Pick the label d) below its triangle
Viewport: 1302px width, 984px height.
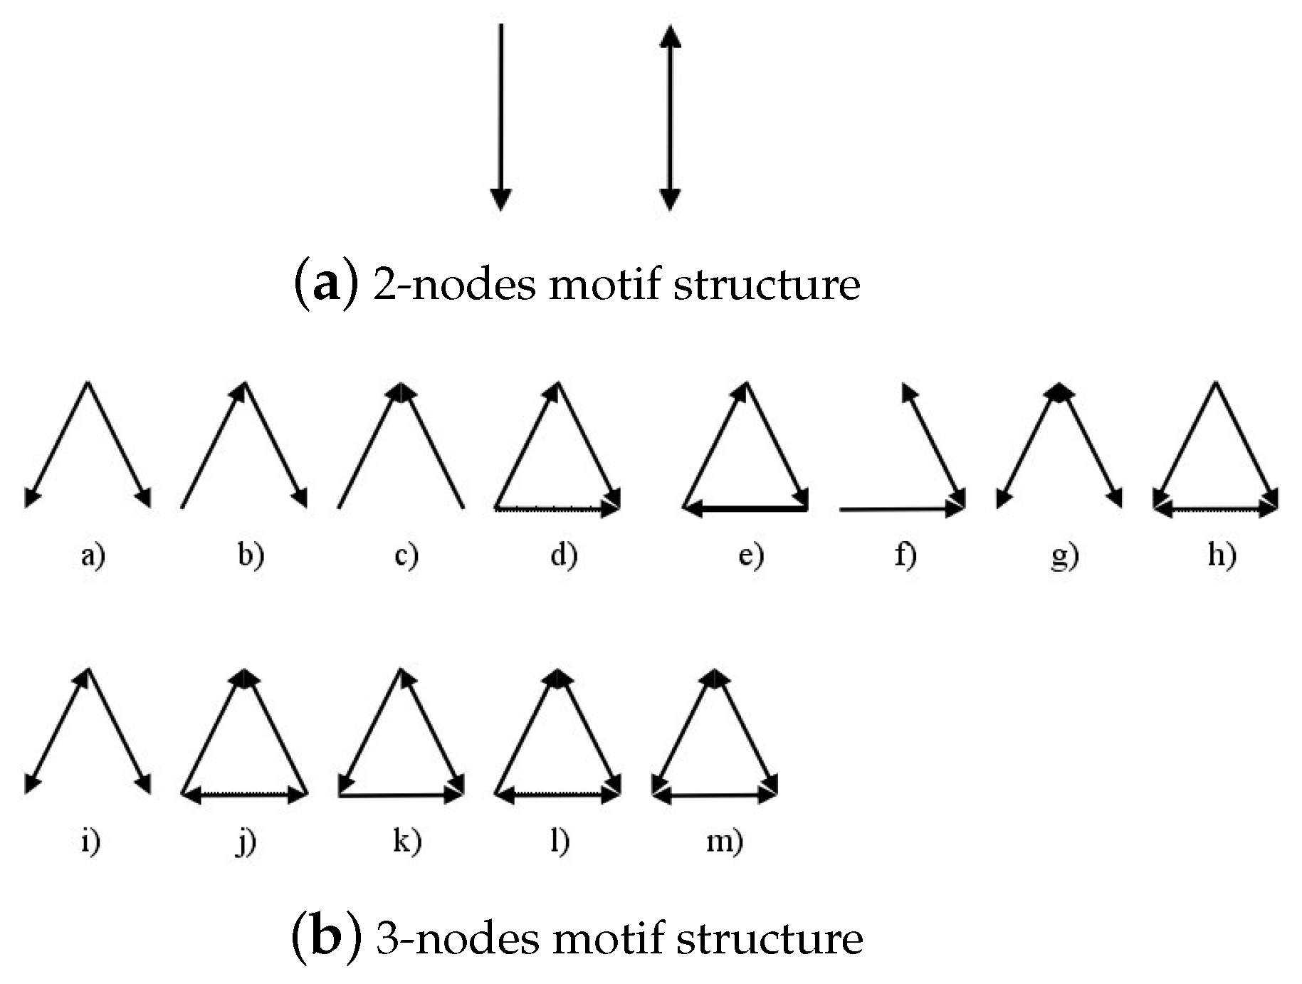(x=564, y=555)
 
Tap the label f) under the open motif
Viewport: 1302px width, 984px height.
(x=905, y=555)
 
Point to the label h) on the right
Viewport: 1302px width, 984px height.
(x=1222, y=555)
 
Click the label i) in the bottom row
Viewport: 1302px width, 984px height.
(x=90, y=842)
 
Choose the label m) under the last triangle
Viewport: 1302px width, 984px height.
(x=724, y=842)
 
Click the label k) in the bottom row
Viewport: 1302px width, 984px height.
(x=406, y=842)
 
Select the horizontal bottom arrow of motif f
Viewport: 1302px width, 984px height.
(x=901, y=509)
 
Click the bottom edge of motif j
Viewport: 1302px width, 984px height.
(x=244, y=795)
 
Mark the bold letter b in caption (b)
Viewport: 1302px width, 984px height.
(x=326, y=938)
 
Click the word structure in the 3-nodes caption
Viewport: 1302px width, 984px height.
(x=769, y=938)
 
